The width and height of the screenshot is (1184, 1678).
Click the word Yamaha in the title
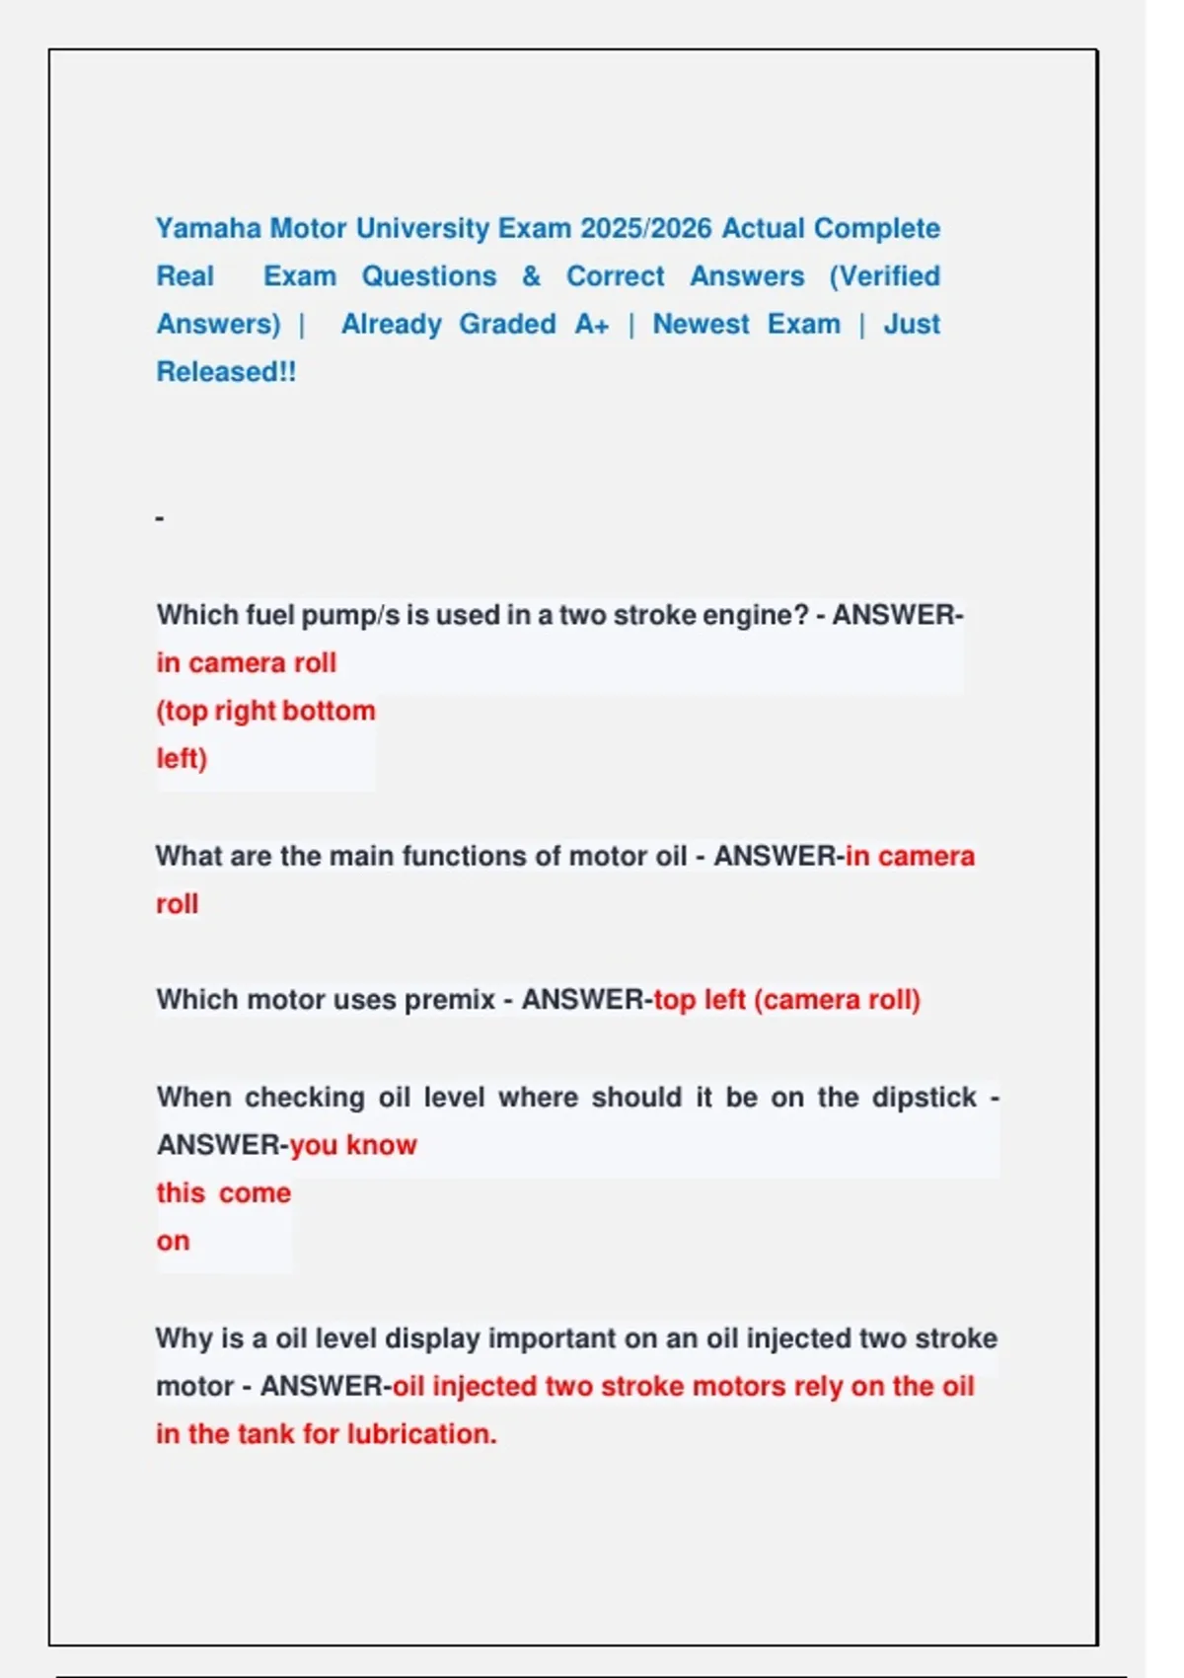tap(208, 229)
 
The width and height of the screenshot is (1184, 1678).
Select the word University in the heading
tap(422, 229)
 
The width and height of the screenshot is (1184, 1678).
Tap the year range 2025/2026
tap(645, 229)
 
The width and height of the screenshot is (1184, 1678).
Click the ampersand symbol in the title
tap(531, 276)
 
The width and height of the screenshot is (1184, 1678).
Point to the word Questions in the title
tap(429, 276)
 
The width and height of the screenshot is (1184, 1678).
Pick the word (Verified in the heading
tap(884, 276)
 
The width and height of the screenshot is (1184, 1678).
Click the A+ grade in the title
tap(592, 325)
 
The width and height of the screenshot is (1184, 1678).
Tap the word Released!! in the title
tap(226, 372)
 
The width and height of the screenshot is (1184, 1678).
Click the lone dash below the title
tap(160, 518)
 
